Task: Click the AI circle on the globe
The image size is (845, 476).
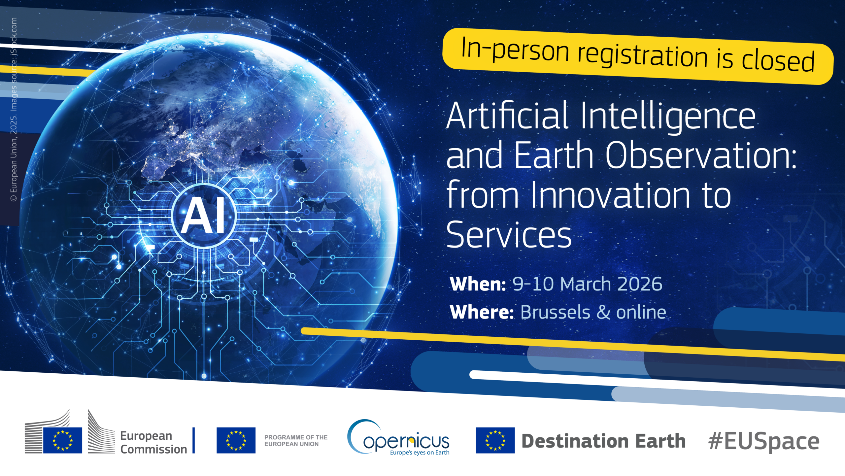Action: [x=204, y=216]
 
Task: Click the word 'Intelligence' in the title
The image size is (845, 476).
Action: [x=667, y=116]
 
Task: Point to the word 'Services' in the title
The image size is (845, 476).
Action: [x=509, y=234]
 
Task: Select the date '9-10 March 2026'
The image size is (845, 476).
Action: [x=587, y=284]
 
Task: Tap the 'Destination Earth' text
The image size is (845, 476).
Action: [x=603, y=441]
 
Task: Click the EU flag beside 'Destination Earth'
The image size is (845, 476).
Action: [x=495, y=440]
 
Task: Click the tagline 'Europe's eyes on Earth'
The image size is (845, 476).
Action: [x=420, y=453]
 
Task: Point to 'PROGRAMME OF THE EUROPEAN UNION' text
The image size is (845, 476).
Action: [x=296, y=441]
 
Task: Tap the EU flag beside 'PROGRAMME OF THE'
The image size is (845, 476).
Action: [x=236, y=440]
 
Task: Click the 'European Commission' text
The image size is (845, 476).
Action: [x=153, y=442]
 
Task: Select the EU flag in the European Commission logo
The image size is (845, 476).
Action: [x=63, y=440]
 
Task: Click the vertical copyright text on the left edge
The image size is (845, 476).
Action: [x=14, y=109]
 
